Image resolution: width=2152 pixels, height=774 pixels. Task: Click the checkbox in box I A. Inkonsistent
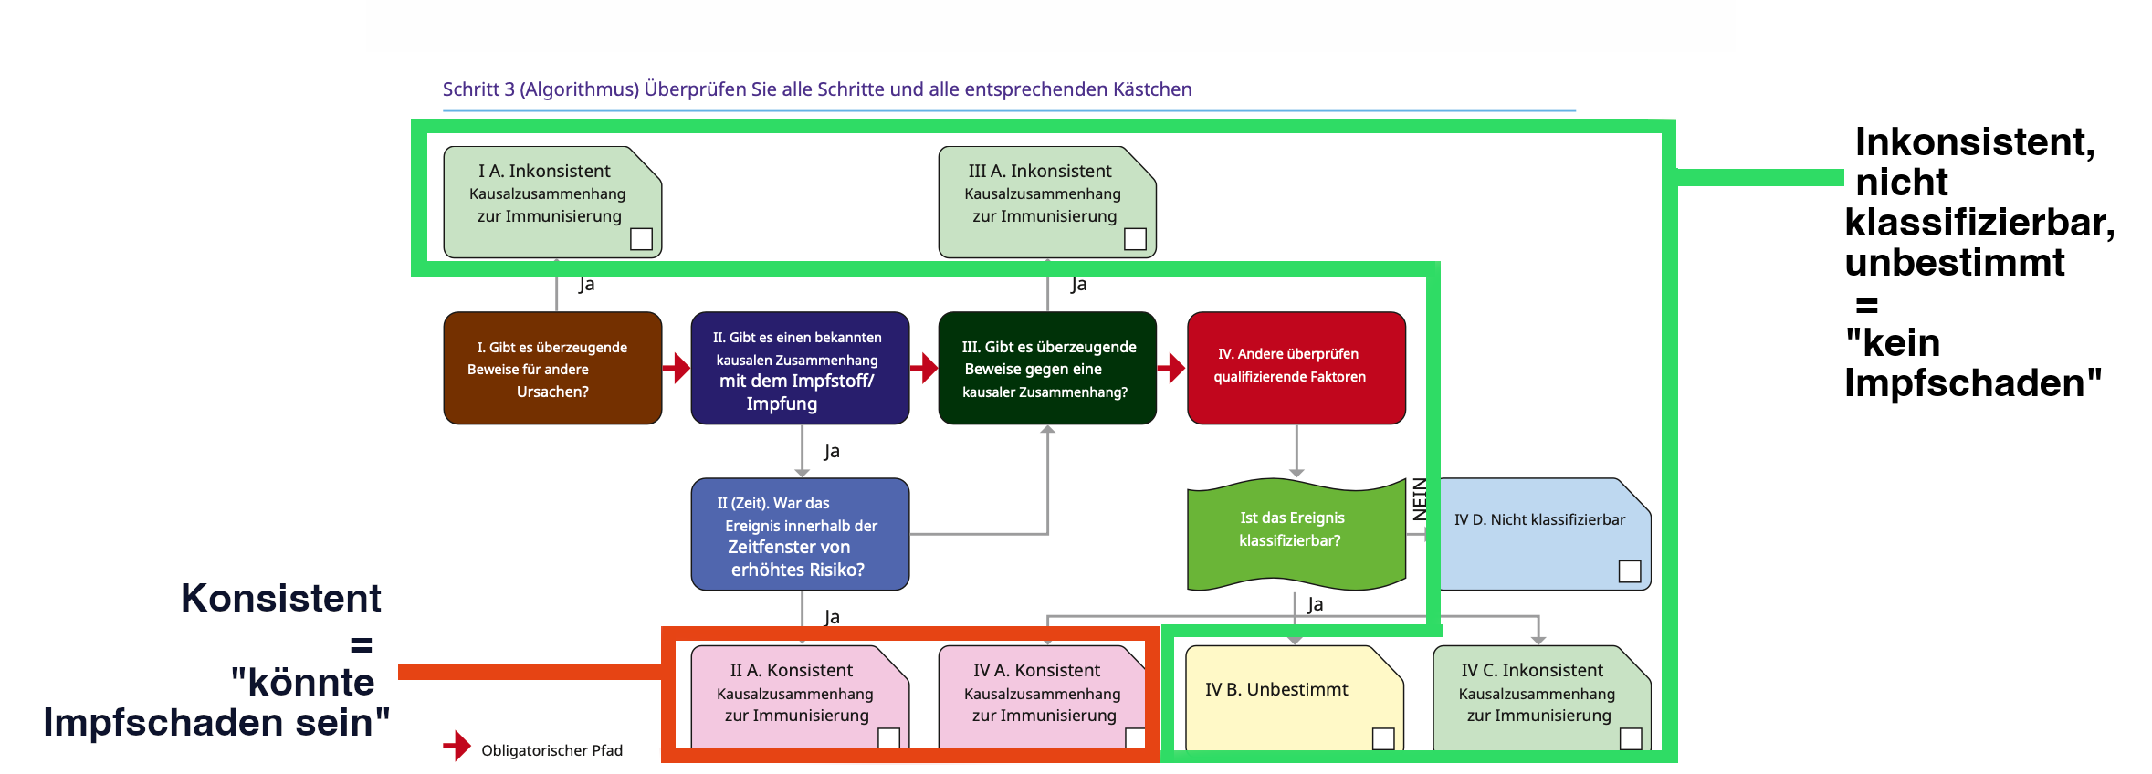pyautogui.click(x=641, y=239)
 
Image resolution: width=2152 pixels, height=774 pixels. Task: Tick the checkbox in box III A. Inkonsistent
pyautogui.click(x=1135, y=239)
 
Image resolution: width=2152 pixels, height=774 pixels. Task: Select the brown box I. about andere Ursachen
pyautogui.click(x=552, y=369)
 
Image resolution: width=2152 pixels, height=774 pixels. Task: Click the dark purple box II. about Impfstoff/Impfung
pyautogui.click(x=800, y=369)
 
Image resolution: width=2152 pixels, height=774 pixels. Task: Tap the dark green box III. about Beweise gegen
pyautogui.click(x=1047, y=369)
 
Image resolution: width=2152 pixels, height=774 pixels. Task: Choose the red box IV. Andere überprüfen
pyautogui.click(x=1296, y=369)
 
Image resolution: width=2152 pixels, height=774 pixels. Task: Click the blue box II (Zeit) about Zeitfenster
pyautogui.click(x=800, y=535)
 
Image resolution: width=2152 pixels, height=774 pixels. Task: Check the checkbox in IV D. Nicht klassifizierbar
pyautogui.click(x=1629, y=571)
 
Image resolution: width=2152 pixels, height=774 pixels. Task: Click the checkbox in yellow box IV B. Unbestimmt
pyautogui.click(x=1383, y=738)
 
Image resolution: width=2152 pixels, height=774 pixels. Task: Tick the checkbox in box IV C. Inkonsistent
pyautogui.click(x=1631, y=738)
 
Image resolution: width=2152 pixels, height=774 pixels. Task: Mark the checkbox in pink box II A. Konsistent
pyautogui.click(x=888, y=738)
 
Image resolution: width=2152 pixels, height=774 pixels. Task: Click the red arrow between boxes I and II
pyautogui.click(x=677, y=368)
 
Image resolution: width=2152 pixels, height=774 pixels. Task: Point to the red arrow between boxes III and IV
pyautogui.click(x=1171, y=368)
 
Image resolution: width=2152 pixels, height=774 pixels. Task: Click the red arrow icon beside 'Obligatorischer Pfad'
pyautogui.click(x=457, y=747)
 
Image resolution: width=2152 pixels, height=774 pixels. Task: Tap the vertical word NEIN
pyautogui.click(x=1420, y=499)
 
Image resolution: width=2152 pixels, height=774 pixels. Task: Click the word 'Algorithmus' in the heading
pyautogui.click(x=579, y=89)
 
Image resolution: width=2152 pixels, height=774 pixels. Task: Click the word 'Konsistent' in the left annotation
pyautogui.click(x=281, y=599)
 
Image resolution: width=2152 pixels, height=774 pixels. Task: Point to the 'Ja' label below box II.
pyautogui.click(x=831, y=451)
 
